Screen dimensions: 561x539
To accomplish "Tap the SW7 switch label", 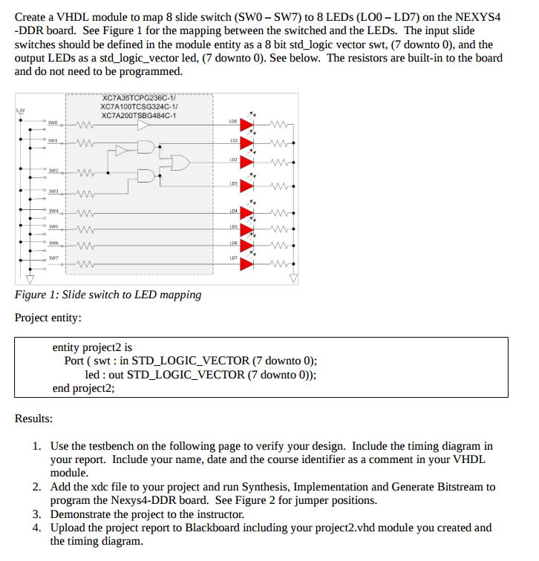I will [53, 257].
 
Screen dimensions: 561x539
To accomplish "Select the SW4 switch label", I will [53, 211].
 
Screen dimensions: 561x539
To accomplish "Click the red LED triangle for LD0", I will [246, 125].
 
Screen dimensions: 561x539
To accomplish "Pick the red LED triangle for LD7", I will [246, 263].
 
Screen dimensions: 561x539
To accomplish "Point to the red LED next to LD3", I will [246, 186].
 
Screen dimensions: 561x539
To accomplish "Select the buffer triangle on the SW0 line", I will [142, 125].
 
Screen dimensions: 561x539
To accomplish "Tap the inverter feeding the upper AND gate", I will [120, 151].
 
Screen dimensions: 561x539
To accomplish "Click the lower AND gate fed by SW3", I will [146, 175].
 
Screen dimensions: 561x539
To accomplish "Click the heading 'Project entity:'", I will [48, 318].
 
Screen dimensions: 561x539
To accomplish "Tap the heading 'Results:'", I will [33, 419].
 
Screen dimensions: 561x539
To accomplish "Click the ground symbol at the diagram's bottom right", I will [294, 279].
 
